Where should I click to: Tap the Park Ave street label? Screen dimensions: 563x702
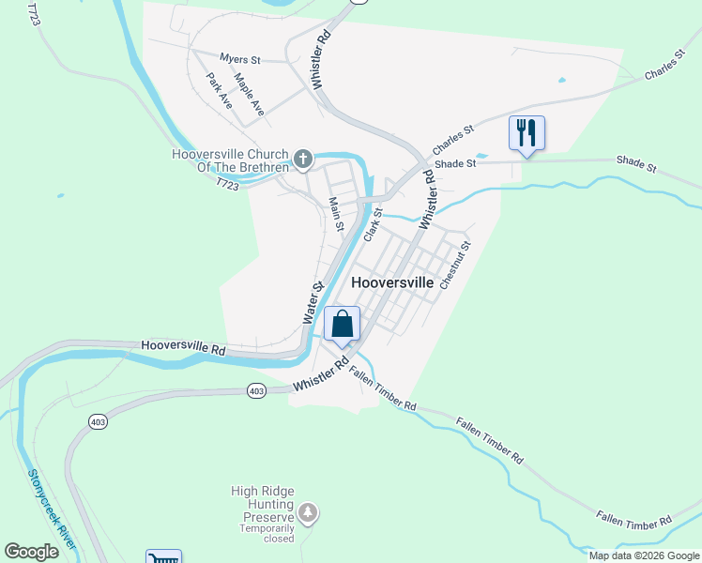coord(221,92)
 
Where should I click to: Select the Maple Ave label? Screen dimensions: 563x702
coord(250,95)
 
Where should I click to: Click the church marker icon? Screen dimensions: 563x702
coord(302,160)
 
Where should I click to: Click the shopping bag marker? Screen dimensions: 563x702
coord(342,324)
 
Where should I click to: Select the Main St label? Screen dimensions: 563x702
coord(336,215)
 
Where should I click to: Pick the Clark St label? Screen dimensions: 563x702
coord(373,222)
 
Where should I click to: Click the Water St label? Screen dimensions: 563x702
coord(313,303)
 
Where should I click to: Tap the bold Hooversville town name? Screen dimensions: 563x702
coord(392,282)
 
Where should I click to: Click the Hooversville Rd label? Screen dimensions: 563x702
coord(184,346)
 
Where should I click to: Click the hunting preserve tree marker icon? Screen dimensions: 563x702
coord(309,513)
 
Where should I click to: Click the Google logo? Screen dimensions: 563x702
coord(32,552)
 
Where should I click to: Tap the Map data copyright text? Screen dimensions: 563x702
coord(644,555)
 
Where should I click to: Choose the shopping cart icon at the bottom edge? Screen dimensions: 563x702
coord(163,558)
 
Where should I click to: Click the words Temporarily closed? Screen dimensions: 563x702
coord(267,533)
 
